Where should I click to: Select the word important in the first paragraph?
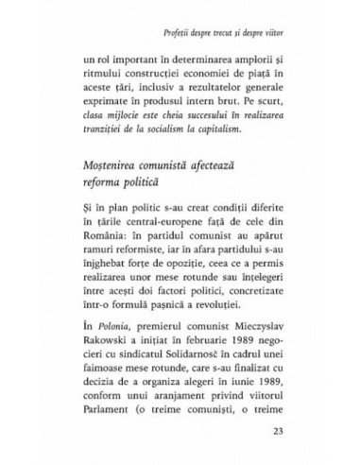tap(127, 55)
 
